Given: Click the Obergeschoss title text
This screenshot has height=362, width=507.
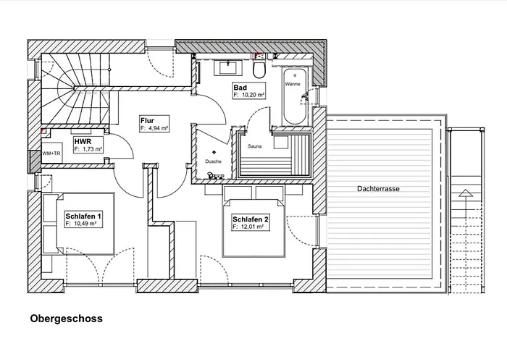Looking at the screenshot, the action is pyautogui.click(x=67, y=319).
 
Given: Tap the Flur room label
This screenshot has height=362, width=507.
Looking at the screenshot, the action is pyautogui.click(x=147, y=121).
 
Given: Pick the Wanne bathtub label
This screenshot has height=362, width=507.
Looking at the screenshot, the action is pyautogui.click(x=293, y=84).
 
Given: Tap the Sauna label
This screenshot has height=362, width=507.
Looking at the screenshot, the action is pyautogui.click(x=255, y=146).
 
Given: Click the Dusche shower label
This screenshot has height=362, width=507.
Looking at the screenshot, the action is pyautogui.click(x=214, y=161).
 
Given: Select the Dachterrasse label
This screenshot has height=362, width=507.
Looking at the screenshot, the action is pyautogui.click(x=378, y=189).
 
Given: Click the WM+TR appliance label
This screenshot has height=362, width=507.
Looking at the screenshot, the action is pyautogui.click(x=51, y=153).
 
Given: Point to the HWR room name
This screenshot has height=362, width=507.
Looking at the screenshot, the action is pyautogui.click(x=83, y=142).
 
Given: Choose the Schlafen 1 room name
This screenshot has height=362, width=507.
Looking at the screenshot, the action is pyautogui.click(x=84, y=216).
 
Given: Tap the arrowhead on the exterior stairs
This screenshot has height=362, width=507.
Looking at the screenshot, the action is pyautogui.click(x=465, y=193).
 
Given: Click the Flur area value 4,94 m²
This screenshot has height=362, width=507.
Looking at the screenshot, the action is pyautogui.click(x=157, y=128).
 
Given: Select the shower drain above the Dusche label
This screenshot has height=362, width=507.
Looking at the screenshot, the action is pyautogui.click(x=214, y=152).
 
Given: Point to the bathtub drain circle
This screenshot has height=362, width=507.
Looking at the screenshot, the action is pyautogui.click(x=295, y=75).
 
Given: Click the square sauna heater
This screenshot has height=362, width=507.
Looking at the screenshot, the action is pyautogui.click(x=281, y=142).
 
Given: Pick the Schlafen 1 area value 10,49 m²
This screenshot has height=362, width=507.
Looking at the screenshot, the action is pyautogui.click(x=85, y=224).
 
